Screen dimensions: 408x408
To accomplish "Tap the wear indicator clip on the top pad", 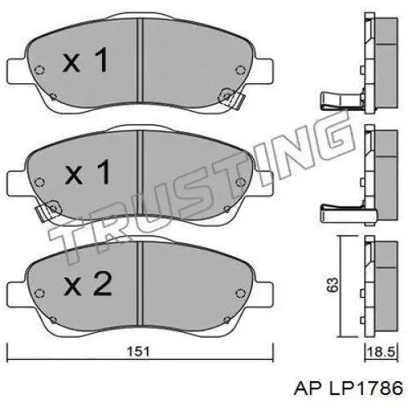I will click(x=236, y=102).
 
